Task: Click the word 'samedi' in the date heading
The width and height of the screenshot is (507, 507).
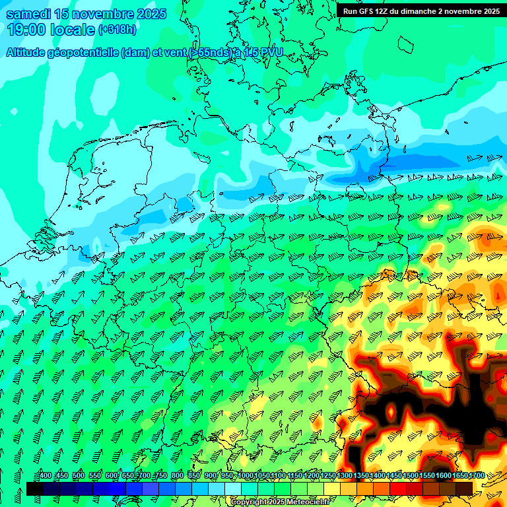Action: [x=28, y=14]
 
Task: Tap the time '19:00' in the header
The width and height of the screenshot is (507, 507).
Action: [x=24, y=30]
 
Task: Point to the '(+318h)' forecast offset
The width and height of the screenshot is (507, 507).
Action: [x=118, y=30]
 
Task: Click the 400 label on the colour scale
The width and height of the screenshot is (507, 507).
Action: [x=45, y=476]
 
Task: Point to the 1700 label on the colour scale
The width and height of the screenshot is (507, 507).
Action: [x=477, y=476]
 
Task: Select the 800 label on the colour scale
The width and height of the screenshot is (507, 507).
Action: [x=177, y=476]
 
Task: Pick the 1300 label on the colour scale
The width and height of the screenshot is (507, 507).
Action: [x=345, y=476]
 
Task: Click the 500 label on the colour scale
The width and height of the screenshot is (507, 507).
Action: [x=78, y=476]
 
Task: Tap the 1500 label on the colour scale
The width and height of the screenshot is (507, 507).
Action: [x=411, y=476]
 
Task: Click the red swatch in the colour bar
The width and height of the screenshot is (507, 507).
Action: [x=398, y=489]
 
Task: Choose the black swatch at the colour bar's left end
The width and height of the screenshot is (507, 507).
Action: [x=34, y=489]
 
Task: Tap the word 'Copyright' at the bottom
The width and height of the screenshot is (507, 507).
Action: [x=249, y=502]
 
